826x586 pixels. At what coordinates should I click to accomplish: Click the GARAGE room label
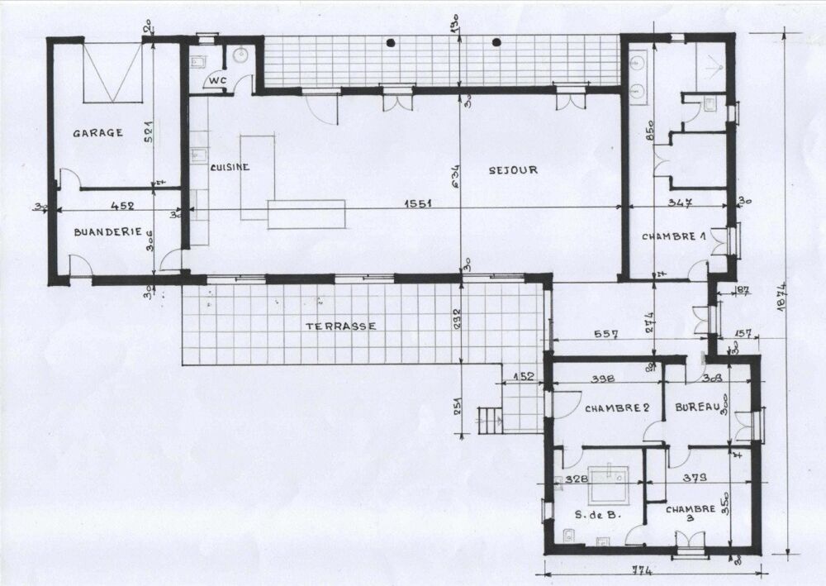coord(97,132)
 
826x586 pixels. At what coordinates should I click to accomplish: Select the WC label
coord(217,80)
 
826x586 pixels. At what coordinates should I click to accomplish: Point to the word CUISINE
coord(230,167)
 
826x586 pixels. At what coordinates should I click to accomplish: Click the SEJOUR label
coord(513,170)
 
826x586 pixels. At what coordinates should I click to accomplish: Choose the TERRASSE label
coord(340,326)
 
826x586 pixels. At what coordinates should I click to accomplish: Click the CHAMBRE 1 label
coord(674,237)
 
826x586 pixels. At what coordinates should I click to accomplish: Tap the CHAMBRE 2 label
coord(615,408)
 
